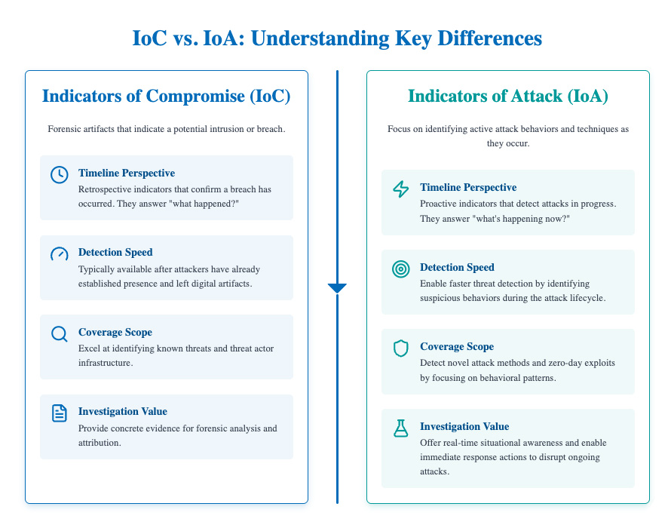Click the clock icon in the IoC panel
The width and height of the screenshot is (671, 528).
point(59,174)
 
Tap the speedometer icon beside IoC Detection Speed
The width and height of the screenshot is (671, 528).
point(59,254)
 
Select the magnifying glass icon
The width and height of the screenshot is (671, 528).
point(59,333)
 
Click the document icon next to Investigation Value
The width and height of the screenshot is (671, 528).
point(59,413)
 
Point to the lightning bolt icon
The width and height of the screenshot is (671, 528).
point(401,189)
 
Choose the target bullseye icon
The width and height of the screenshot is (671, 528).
point(401,269)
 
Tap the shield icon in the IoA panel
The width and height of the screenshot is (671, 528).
point(401,348)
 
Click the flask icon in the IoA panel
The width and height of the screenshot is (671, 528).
point(401,428)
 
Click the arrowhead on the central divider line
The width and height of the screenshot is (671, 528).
point(337,287)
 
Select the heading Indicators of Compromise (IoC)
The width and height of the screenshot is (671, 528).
point(167,97)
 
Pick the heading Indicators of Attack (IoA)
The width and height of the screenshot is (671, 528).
point(507,97)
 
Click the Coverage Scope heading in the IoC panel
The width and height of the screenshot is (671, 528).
point(115,332)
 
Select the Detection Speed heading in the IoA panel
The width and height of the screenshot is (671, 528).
point(457,267)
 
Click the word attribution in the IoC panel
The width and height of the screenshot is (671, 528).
point(100,442)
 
